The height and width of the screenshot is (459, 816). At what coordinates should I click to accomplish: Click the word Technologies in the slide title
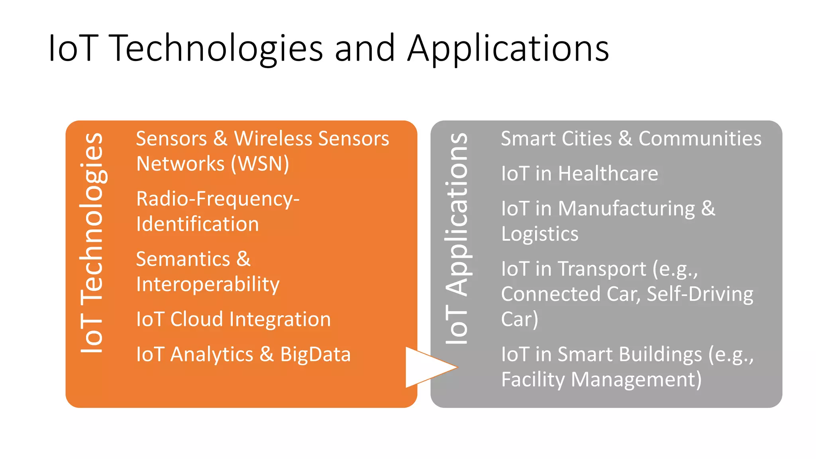[215, 49]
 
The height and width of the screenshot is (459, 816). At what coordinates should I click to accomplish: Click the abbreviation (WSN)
[260, 164]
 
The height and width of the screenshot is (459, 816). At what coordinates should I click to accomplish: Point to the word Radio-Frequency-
[218, 199]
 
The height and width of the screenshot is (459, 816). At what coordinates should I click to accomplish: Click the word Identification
[198, 224]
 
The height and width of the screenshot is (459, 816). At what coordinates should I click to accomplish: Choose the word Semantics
[183, 259]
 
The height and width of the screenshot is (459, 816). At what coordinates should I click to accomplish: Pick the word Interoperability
[208, 284]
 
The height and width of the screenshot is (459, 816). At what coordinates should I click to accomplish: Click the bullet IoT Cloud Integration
[233, 320]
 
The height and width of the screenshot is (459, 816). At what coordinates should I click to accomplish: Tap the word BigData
[315, 354]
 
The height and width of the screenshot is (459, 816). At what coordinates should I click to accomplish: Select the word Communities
[700, 139]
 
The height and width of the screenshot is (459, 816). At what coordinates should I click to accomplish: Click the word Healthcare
[608, 174]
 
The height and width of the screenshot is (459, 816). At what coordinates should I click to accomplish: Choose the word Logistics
[539, 234]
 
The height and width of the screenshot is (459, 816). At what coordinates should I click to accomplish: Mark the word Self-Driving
[700, 294]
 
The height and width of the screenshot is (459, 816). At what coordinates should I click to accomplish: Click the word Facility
[533, 379]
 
